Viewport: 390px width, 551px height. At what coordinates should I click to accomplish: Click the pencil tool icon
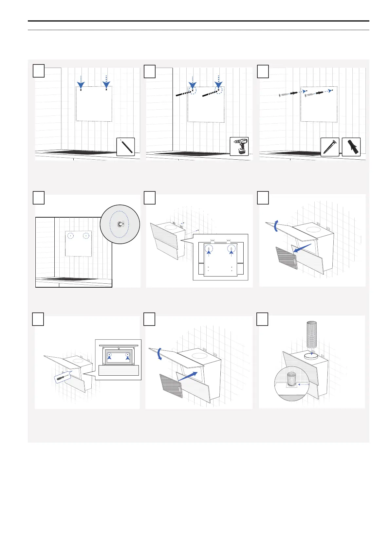[x=125, y=147]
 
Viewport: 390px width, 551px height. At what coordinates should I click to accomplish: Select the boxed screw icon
[x=329, y=147]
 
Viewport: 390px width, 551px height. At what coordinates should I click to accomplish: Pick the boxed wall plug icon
[x=351, y=147]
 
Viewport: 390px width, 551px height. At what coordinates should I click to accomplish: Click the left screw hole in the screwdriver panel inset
[x=109, y=354]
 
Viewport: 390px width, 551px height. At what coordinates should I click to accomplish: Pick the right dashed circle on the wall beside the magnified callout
[x=86, y=236]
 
